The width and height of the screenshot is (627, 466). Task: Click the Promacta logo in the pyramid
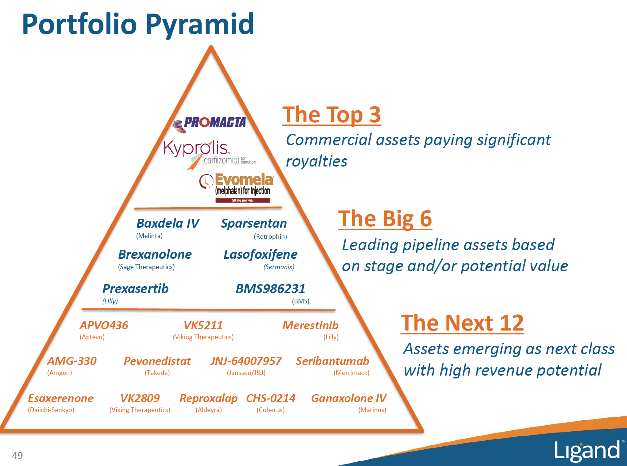[x=210, y=123]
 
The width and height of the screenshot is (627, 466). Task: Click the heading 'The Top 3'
[x=331, y=115]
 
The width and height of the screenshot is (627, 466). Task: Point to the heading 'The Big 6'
[x=385, y=219]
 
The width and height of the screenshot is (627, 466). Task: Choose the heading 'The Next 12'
[x=462, y=323]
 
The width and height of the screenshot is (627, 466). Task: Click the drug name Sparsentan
[x=254, y=224]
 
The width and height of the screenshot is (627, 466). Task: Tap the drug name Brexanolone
[x=155, y=254]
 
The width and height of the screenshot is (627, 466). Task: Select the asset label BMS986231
[x=270, y=289]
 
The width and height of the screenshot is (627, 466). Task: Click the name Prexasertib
[x=135, y=289]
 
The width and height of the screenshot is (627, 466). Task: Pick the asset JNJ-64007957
[x=246, y=361]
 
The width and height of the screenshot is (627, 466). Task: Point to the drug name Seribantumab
[x=332, y=361]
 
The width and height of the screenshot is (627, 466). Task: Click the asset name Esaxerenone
[x=61, y=398]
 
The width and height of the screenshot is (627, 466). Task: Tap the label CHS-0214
[x=271, y=398]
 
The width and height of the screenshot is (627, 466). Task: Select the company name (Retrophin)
[x=270, y=237]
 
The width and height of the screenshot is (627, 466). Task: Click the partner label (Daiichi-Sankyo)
[x=51, y=410]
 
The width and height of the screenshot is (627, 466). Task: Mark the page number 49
[x=17, y=455]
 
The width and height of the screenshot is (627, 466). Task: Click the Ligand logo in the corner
[x=587, y=451]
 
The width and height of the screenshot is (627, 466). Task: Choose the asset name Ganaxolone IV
[x=349, y=398]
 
